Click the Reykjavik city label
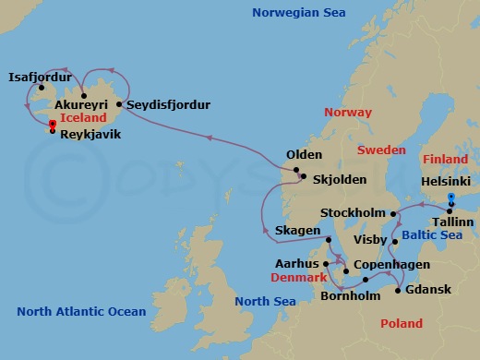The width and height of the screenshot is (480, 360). pyautogui.click(x=90, y=134)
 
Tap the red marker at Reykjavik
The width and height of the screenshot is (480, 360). pyautogui.click(x=53, y=126)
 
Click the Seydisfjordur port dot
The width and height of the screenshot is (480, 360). pyautogui.click(x=120, y=105)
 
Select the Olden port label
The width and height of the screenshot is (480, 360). pyautogui.click(x=305, y=155)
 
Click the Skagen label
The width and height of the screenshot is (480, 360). pyautogui.click(x=297, y=229)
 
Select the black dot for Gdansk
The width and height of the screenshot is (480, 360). pyautogui.click(x=397, y=290)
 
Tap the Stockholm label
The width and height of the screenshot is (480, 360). pyautogui.click(x=352, y=213)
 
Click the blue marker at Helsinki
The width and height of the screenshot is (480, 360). pyautogui.click(x=450, y=199)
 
